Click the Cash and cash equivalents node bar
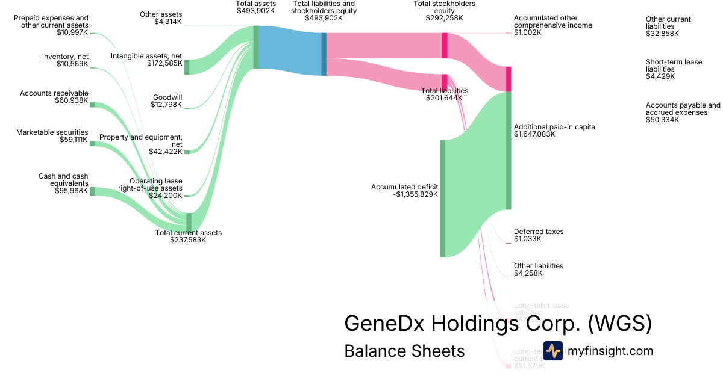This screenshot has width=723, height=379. point(92,191)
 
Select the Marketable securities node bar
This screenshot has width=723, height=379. point(92,144)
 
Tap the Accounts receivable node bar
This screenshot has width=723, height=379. point(92,105)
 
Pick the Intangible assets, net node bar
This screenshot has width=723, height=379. point(187,67)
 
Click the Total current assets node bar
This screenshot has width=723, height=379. point(189,221)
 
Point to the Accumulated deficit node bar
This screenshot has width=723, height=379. point(442,199)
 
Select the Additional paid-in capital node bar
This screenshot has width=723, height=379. point(509,150)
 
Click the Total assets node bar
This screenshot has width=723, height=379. point(256,47)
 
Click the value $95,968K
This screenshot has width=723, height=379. point(72,191)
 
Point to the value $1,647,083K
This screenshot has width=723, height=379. point(534,134)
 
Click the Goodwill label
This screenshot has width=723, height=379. point(167,97)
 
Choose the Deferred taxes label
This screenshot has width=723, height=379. point(539,232)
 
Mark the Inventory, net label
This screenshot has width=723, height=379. point(65,57)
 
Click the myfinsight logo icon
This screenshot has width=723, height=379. point(552,351)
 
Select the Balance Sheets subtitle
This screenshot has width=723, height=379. point(404,351)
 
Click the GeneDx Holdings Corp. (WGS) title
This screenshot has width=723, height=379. point(498,323)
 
